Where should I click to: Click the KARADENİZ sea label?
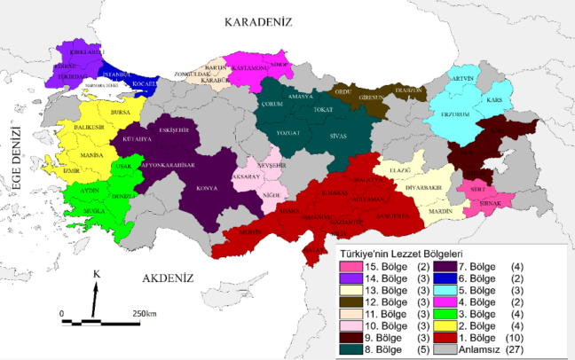pos(259,21)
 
